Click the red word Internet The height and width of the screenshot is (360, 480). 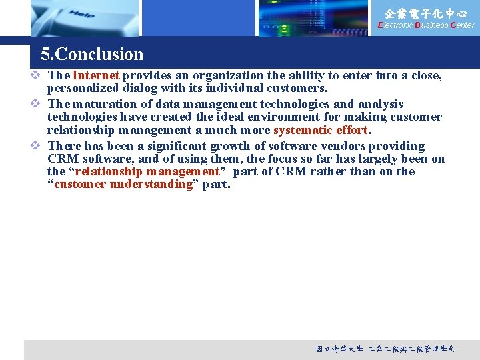click(95, 76)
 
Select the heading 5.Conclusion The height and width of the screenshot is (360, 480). click(92, 54)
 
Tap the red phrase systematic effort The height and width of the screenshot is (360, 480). click(321, 130)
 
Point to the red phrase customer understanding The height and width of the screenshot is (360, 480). click(123, 185)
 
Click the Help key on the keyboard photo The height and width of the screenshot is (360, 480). click(81, 15)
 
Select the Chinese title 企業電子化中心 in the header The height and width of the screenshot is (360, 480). click(426, 13)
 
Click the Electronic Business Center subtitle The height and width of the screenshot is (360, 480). click(426, 25)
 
